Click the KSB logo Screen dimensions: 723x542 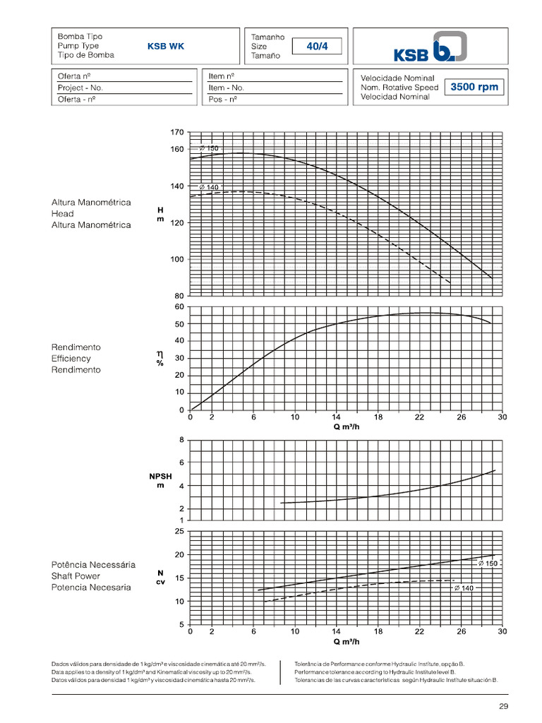coord(430,47)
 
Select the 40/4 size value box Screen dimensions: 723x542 coord(317,47)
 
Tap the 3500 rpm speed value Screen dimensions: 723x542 coord(474,88)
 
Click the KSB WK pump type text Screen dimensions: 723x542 coord(166,47)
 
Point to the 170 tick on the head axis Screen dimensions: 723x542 coord(176,132)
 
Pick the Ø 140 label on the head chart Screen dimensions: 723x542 coord(208,187)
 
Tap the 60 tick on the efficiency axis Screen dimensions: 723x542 coord(179,307)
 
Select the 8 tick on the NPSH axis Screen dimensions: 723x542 coord(181,440)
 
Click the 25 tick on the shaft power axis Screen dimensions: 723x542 coord(179,531)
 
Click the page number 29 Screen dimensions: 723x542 coord(503,706)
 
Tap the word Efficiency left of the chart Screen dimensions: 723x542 coord(71,359)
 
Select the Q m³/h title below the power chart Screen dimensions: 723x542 coord(346,642)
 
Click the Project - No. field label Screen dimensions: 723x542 coord(80,88)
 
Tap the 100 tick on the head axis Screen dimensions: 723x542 coord(176,259)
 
